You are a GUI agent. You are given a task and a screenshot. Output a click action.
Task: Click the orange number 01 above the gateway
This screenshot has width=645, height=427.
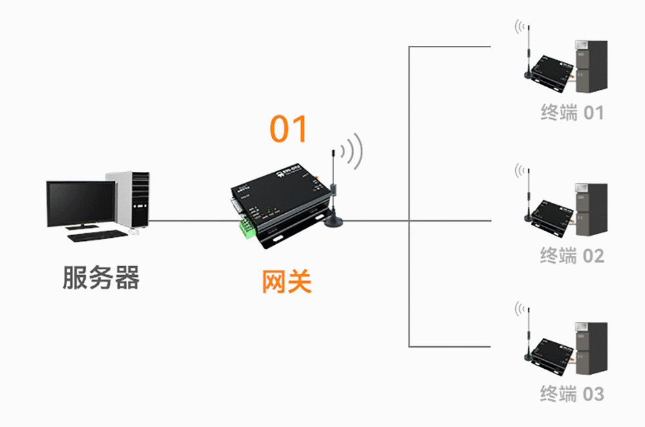[x=288, y=129]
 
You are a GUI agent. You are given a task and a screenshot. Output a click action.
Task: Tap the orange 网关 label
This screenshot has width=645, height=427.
[x=286, y=282]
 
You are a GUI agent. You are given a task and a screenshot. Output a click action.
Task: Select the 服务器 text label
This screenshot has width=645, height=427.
[x=101, y=277]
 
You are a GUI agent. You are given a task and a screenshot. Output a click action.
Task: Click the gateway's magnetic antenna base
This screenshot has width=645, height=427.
[x=334, y=222]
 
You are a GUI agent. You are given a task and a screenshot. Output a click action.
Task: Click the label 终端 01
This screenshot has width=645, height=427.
[x=572, y=113]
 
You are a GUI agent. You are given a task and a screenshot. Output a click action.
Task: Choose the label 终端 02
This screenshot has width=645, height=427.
[x=572, y=256]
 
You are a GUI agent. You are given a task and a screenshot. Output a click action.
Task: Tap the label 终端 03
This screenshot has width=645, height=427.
[x=572, y=393]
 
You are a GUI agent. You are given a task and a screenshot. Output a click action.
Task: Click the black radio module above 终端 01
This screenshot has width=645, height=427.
[x=551, y=70]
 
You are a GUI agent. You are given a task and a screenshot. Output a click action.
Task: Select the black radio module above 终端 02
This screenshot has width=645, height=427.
[x=551, y=214]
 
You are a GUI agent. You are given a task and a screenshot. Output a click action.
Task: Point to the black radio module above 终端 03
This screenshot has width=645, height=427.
[x=551, y=351]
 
